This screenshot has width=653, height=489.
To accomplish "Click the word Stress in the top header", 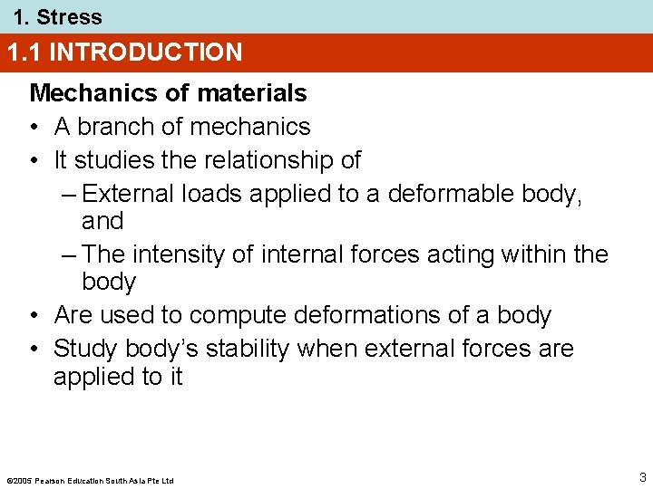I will coord(69,16).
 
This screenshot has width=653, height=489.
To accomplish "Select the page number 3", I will coord(642,477).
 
